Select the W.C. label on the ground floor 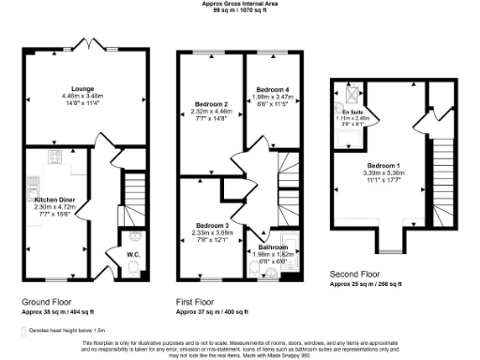tap(132, 252)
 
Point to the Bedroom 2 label tap(212, 103)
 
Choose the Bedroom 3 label tap(212, 226)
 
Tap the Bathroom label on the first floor tap(274, 247)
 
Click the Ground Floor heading tap(47, 302)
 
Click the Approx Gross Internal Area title tap(240, 4)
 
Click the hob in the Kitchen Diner tap(56, 156)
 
